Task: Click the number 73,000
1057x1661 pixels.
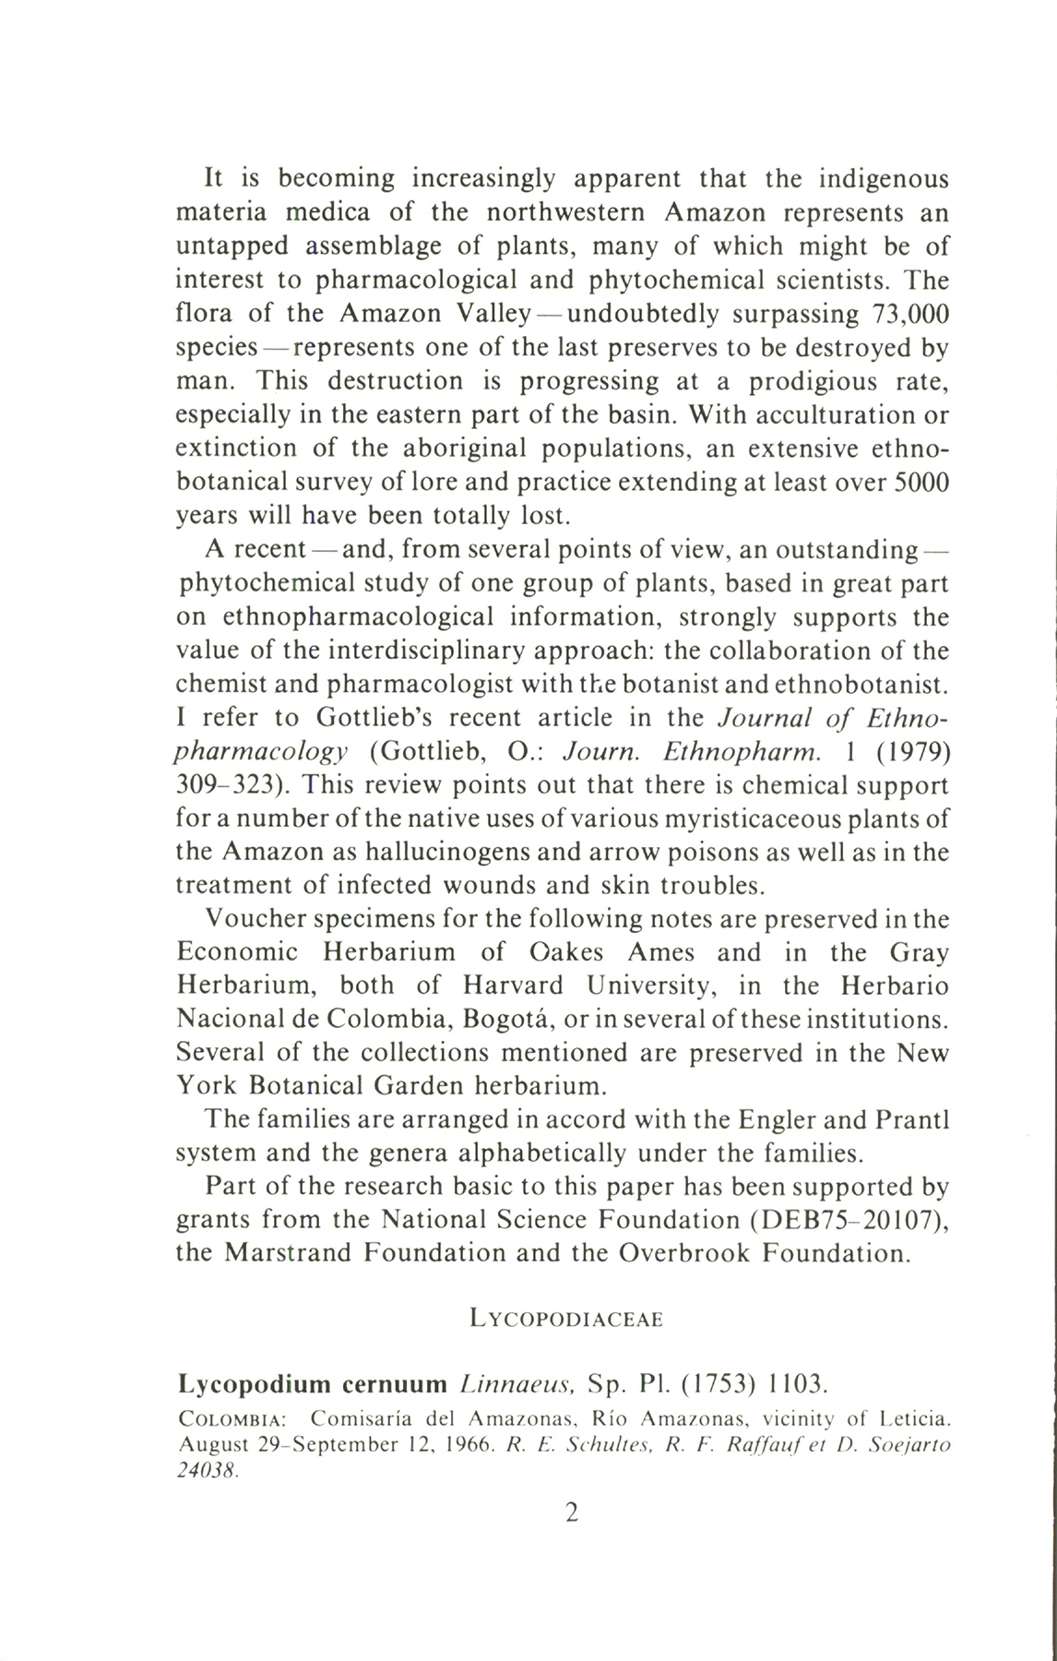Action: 909,314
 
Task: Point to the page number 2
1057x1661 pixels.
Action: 571,1512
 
